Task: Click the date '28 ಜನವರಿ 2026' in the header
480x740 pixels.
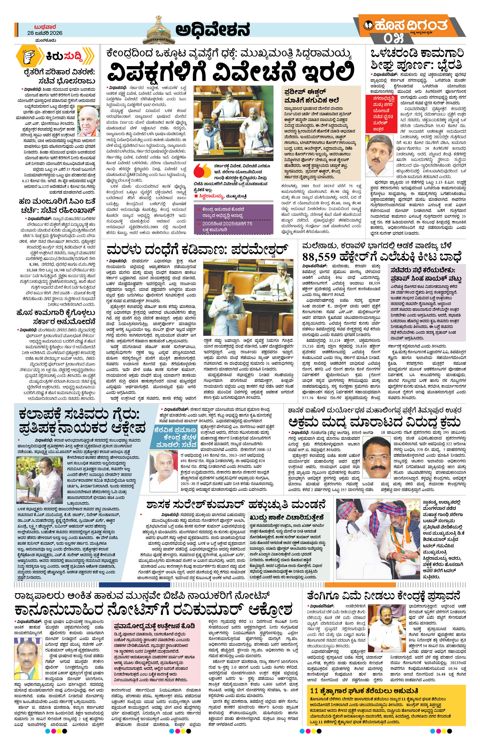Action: click(44, 33)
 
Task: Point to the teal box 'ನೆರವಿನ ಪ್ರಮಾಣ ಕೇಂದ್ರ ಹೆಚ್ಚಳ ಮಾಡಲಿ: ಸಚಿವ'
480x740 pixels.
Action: click(176, 437)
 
